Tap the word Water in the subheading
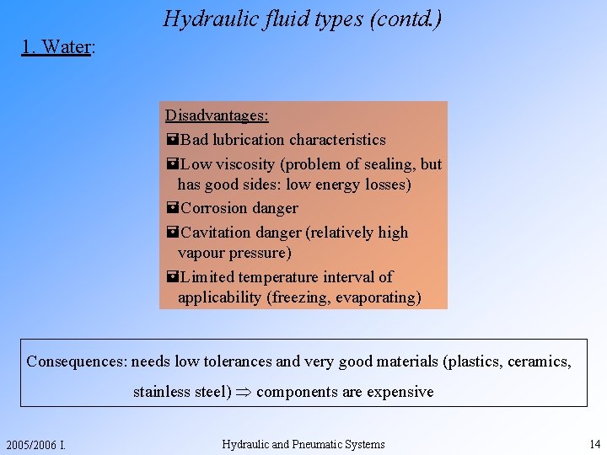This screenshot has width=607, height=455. point(66,47)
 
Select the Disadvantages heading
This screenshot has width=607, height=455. point(217,115)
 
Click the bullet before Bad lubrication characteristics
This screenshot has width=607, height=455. point(172,140)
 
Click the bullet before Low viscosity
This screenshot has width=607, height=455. point(172,164)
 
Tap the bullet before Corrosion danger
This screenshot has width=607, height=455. point(172,208)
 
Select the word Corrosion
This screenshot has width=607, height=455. point(214,208)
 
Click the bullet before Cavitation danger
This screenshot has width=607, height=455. point(172,233)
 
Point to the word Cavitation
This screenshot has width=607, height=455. point(216,233)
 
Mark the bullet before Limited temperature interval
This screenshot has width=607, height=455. point(172,277)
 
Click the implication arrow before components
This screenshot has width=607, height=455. point(244,392)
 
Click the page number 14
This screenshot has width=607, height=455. point(594,444)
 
